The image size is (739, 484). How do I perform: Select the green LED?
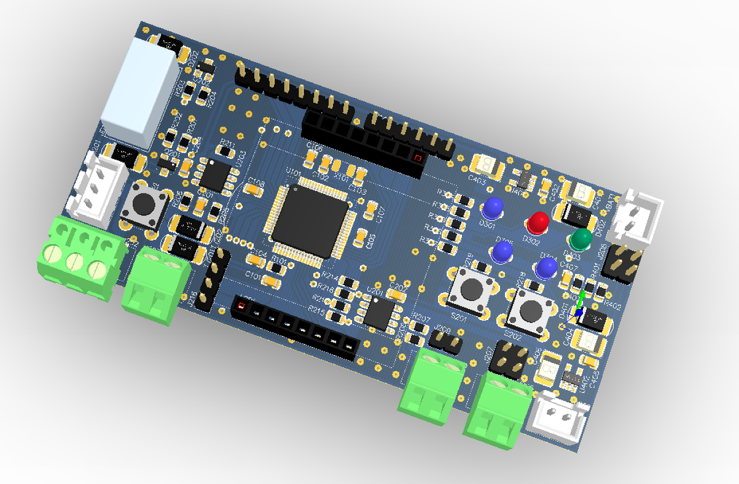coord(581,239)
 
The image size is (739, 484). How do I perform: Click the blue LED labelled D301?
coord(493,208)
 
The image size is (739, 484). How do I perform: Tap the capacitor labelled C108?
coord(253,190)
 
